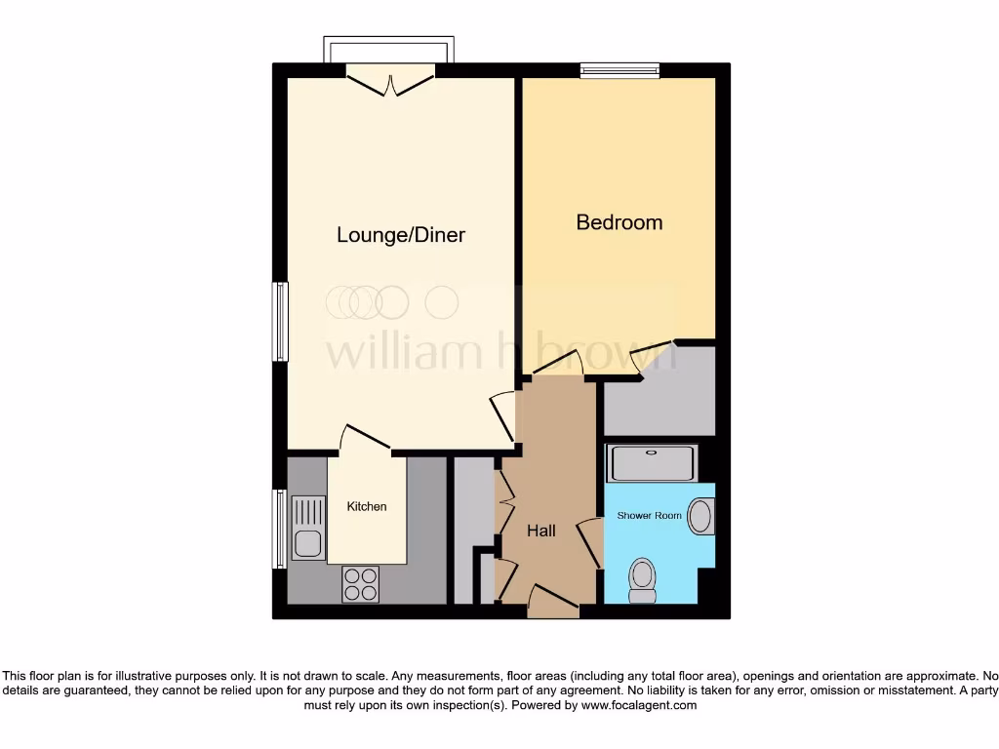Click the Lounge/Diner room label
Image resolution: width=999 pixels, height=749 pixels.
coord(401,235)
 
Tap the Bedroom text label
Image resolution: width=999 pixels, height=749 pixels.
coord(619,222)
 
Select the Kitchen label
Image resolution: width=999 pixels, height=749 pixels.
coord(367,506)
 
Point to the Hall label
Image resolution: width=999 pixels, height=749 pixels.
coord(541,531)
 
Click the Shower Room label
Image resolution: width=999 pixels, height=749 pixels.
coord(649,515)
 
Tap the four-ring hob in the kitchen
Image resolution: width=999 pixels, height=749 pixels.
coord(360,584)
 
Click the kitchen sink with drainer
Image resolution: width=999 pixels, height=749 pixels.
coord(308,527)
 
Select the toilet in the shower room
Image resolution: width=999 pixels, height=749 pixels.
coord(642,579)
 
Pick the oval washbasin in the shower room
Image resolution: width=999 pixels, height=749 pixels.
coord(700,516)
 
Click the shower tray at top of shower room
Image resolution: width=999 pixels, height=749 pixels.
coord(652,463)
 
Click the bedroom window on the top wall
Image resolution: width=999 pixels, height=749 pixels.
coord(619,70)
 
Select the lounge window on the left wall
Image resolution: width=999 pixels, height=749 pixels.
coord(280,321)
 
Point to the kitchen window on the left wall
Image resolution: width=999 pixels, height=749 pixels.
coord(280,529)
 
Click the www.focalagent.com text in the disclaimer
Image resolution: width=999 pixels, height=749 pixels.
coord(640,705)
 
